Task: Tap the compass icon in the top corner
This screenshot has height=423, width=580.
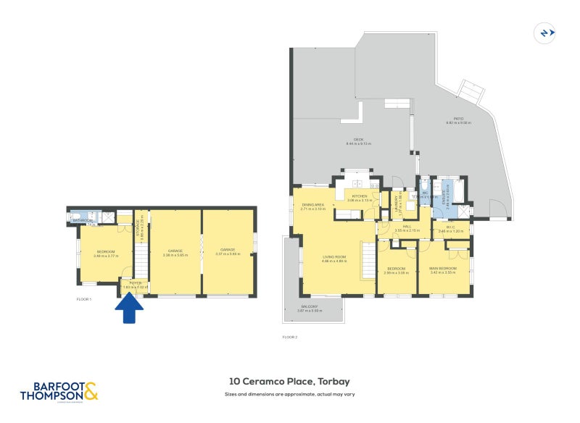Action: tap(545, 33)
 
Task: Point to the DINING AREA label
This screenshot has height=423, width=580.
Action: tap(312, 206)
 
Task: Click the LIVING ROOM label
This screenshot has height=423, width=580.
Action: tap(334, 257)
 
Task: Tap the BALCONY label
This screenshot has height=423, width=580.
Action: tap(310, 307)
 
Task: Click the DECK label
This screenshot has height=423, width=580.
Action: tap(358, 140)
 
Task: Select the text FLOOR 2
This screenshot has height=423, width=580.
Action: tap(290, 337)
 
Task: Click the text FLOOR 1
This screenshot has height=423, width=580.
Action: tap(84, 298)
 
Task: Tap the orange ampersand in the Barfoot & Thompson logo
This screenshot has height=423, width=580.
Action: tap(90, 393)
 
